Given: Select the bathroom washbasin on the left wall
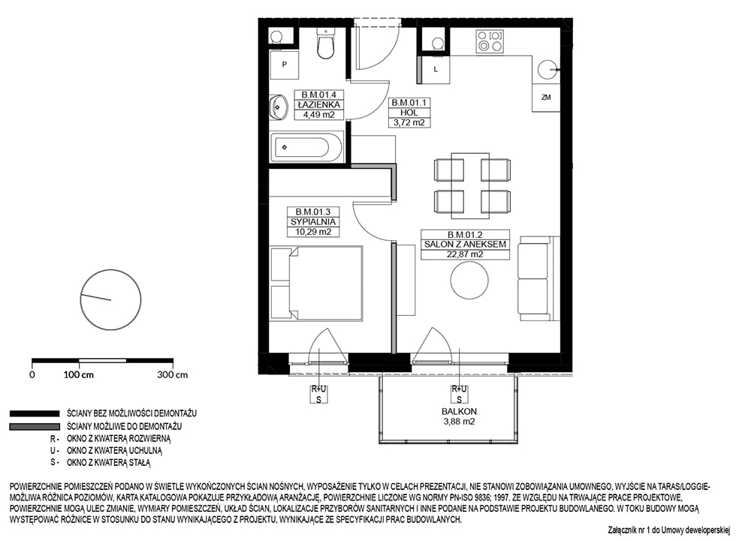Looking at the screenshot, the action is [x=279, y=108].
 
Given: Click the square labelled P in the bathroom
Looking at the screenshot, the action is [x=284, y=65].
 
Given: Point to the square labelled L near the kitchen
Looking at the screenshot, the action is [x=436, y=69].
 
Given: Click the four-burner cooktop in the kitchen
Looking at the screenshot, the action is [x=490, y=41].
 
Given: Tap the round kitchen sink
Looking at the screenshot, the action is [x=547, y=71].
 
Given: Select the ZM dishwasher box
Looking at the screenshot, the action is [x=546, y=98].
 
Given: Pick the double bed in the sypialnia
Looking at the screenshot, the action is [x=317, y=283].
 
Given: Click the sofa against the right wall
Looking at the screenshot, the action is [x=538, y=278].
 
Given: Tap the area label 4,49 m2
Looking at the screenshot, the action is [x=318, y=114].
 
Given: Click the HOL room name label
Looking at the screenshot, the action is [x=409, y=113].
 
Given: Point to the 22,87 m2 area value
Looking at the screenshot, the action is [x=465, y=254].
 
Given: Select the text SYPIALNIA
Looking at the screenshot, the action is [x=313, y=222].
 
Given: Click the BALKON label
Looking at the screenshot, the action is [x=459, y=411].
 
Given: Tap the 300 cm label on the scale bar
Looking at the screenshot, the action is [x=172, y=374].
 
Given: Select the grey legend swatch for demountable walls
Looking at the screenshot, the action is [x=35, y=427].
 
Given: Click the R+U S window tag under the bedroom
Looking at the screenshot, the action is [x=318, y=394].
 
